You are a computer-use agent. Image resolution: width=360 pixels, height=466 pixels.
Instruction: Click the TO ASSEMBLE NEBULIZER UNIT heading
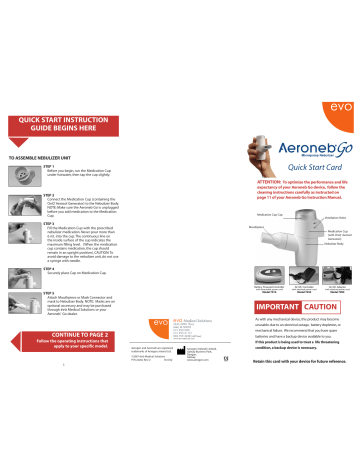click(48, 156)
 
